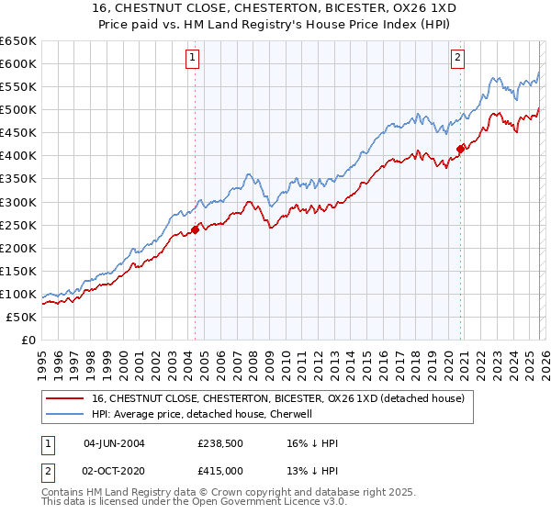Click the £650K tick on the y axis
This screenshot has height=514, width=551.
(x=18, y=41)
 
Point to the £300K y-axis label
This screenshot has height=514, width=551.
(x=18, y=202)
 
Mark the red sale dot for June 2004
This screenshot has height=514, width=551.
(x=195, y=229)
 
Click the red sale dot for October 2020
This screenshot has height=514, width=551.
(x=460, y=149)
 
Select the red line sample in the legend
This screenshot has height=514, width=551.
(x=65, y=398)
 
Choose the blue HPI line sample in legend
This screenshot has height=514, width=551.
(x=65, y=414)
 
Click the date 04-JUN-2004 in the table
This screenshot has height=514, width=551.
(x=114, y=443)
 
